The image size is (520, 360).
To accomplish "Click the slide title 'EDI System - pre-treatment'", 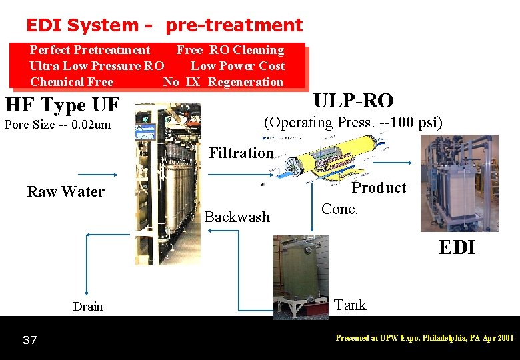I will [164, 25].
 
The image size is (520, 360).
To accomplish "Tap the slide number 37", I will [29, 341].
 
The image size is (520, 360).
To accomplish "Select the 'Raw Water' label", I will [65, 192].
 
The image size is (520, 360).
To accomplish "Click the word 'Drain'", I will [88, 307].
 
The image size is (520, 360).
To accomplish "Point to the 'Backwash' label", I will [237, 217].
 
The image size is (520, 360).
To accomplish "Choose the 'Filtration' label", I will [241, 153].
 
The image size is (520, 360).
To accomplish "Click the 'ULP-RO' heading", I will [353, 101].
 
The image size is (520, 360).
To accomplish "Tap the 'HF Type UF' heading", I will [62, 105].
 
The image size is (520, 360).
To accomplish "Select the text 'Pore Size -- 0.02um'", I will [57, 125].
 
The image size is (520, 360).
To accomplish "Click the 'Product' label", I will [379, 188].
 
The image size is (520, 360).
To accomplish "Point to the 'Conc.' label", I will [340, 209].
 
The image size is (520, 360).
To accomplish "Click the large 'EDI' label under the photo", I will [457, 247].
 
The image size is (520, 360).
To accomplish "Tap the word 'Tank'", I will [350, 305].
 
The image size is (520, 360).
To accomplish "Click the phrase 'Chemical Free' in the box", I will [72, 82].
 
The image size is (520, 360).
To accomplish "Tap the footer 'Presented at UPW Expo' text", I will [425, 338].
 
